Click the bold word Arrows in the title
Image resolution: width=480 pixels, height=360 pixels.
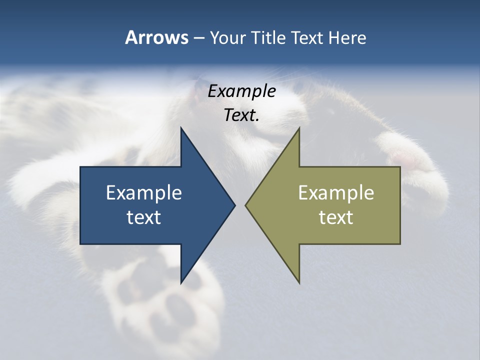point(156,37)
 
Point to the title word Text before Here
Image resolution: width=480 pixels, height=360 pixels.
point(307,38)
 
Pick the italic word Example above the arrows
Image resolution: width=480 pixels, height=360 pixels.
point(241,91)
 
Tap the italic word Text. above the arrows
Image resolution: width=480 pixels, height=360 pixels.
point(241,115)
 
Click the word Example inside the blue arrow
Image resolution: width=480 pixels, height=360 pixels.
point(144,193)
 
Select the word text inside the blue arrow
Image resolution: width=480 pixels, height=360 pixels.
point(144,217)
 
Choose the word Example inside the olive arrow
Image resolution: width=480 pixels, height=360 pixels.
point(336,193)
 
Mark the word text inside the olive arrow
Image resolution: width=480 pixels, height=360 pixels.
point(336,217)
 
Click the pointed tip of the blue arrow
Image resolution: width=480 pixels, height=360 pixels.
point(233,205)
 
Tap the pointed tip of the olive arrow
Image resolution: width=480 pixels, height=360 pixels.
point(247,205)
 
